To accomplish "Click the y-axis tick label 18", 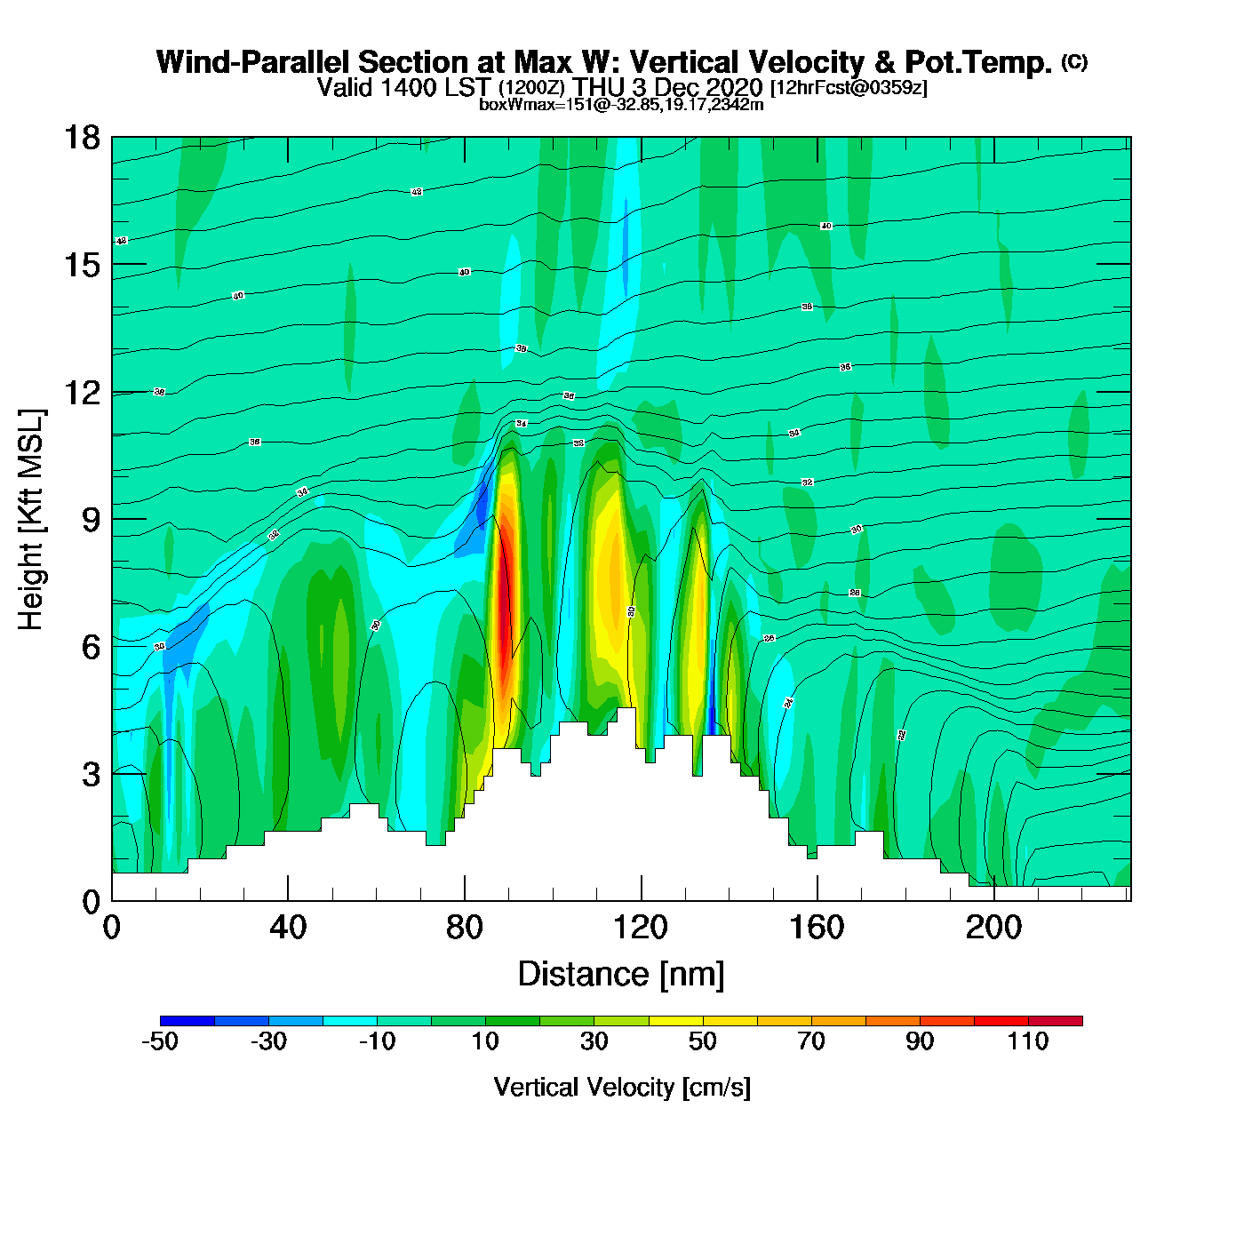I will (81, 138).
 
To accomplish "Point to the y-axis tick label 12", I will (81, 392).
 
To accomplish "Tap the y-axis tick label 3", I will (91, 774).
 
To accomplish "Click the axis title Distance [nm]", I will (621, 975).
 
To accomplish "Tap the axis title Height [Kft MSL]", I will (32, 520).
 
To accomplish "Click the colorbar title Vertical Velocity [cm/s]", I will (621, 1088).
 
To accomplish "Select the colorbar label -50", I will (160, 1041).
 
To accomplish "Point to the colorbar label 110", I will (1028, 1041).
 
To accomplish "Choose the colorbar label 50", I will (702, 1041).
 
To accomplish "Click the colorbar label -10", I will (377, 1041).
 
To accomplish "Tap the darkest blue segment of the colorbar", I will (187, 1021).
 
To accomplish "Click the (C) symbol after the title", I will (1074, 61).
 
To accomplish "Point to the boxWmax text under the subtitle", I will (621, 104).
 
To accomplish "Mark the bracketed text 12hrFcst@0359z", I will (849, 88).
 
